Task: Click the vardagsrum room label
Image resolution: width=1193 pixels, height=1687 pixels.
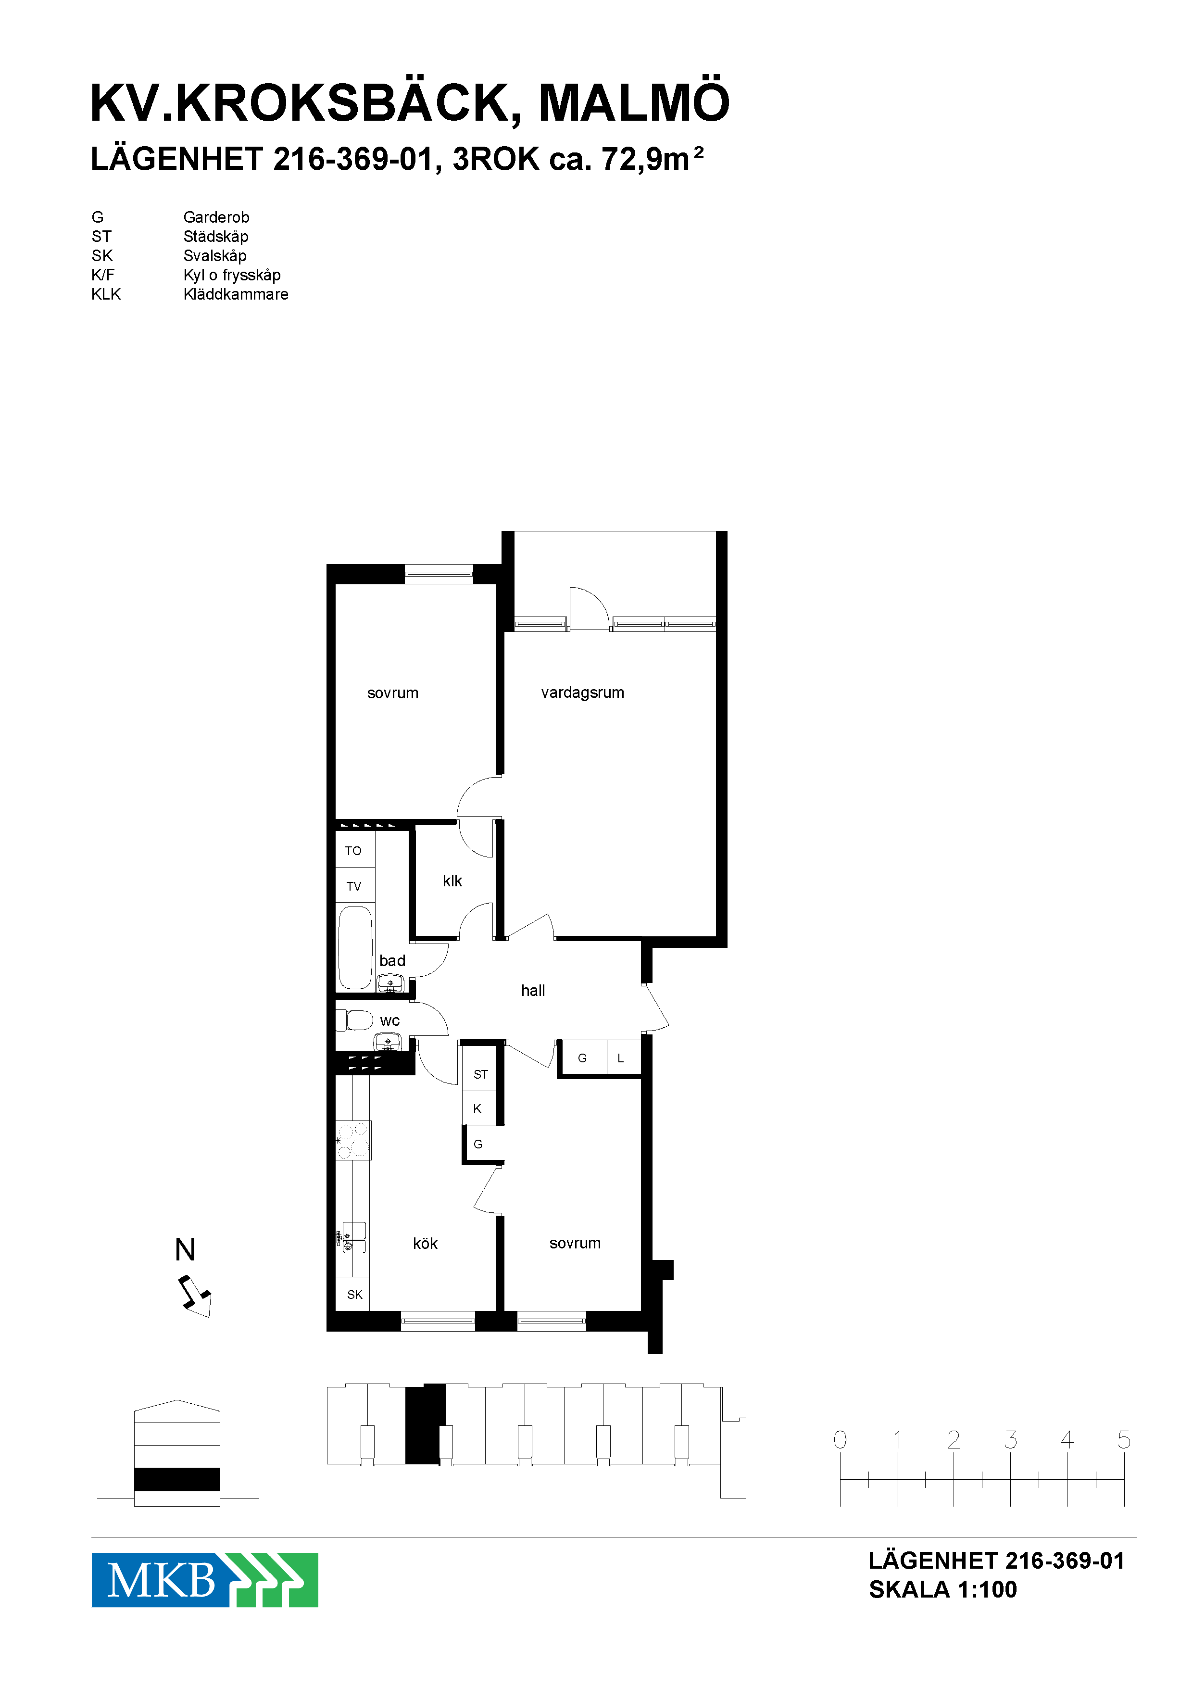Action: [x=582, y=693]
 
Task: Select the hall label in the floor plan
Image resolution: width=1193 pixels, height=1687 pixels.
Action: [x=533, y=991]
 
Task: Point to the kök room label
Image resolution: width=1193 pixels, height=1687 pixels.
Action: [x=426, y=1243]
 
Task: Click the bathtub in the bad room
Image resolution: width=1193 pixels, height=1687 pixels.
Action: [x=355, y=948]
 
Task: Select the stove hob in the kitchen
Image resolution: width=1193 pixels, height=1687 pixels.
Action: [x=353, y=1140]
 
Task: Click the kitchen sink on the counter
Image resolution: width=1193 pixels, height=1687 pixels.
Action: [x=352, y=1237]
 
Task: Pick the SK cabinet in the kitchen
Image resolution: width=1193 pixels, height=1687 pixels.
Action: [x=353, y=1294]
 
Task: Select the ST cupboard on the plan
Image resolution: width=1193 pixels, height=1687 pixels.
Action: [x=480, y=1074]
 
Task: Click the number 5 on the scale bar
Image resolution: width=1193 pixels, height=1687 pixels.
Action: [x=1124, y=1439]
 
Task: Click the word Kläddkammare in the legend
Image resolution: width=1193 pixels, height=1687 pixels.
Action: [x=236, y=294]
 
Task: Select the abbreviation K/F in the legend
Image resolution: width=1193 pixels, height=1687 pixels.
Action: [x=103, y=275]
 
